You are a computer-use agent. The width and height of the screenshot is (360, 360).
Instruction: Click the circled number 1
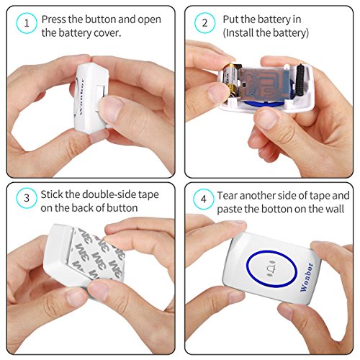(27, 23)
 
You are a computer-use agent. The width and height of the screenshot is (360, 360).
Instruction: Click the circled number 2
(204, 23)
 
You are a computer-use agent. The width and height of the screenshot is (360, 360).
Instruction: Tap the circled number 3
(27, 198)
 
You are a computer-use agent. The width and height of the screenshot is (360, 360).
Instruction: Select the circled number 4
(204, 199)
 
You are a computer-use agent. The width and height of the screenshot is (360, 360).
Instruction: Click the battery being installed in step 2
(231, 80)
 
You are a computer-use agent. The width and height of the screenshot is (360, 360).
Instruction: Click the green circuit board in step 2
(265, 84)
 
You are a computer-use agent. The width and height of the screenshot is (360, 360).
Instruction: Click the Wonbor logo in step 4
(307, 276)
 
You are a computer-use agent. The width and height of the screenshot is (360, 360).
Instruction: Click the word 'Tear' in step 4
(228, 196)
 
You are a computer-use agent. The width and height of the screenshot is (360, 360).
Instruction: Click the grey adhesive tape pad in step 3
(96, 254)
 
